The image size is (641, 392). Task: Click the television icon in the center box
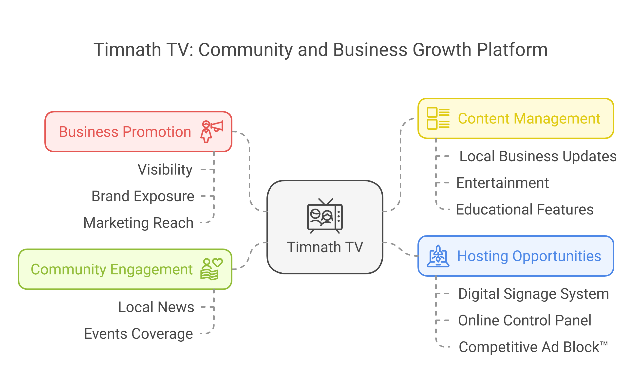[x=325, y=216]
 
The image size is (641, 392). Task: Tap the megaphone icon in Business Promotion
[x=211, y=131]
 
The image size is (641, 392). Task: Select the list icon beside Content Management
[x=438, y=118]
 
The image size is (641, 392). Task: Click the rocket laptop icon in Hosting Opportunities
[x=438, y=256]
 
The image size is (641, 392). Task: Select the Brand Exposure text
[x=143, y=196]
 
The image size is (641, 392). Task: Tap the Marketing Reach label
[x=138, y=223]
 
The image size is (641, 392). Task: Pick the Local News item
[x=156, y=307]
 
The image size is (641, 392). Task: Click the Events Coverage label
[x=138, y=334]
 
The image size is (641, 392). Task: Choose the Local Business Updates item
[x=538, y=157]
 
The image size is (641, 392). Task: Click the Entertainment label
[x=502, y=183]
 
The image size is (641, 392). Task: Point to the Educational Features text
[x=525, y=210]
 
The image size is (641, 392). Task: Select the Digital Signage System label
[x=533, y=294]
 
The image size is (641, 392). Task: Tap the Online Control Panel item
[x=525, y=321]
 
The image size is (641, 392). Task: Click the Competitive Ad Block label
[x=533, y=347]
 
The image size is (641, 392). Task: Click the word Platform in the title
[x=512, y=50]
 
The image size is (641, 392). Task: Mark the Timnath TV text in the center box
[x=325, y=247]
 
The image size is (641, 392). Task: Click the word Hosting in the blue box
[x=483, y=256]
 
